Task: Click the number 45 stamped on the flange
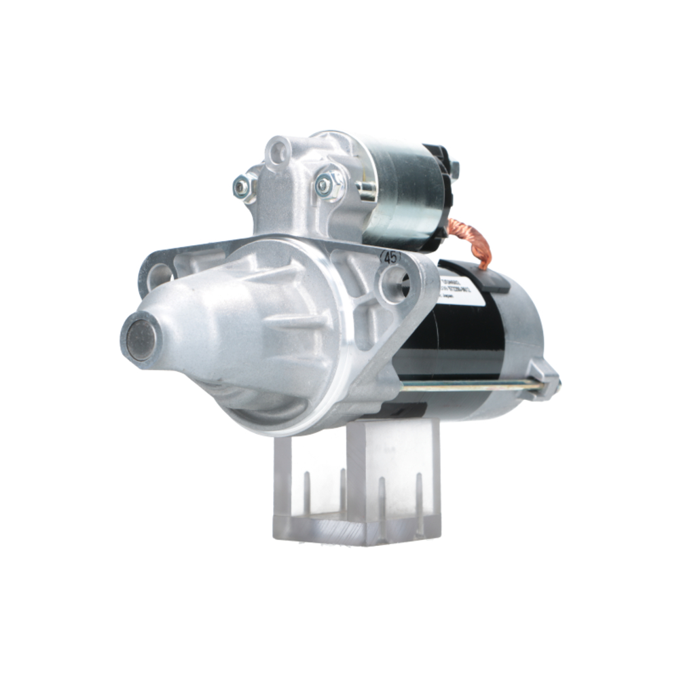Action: pyautogui.click(x=390, y=257)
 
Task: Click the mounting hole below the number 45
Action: pyautogui.click(x=393, y=284)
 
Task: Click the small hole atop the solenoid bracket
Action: pyautogui.click(x=277, y=152)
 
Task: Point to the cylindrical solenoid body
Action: pyautogui.click(x=401, y=194)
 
